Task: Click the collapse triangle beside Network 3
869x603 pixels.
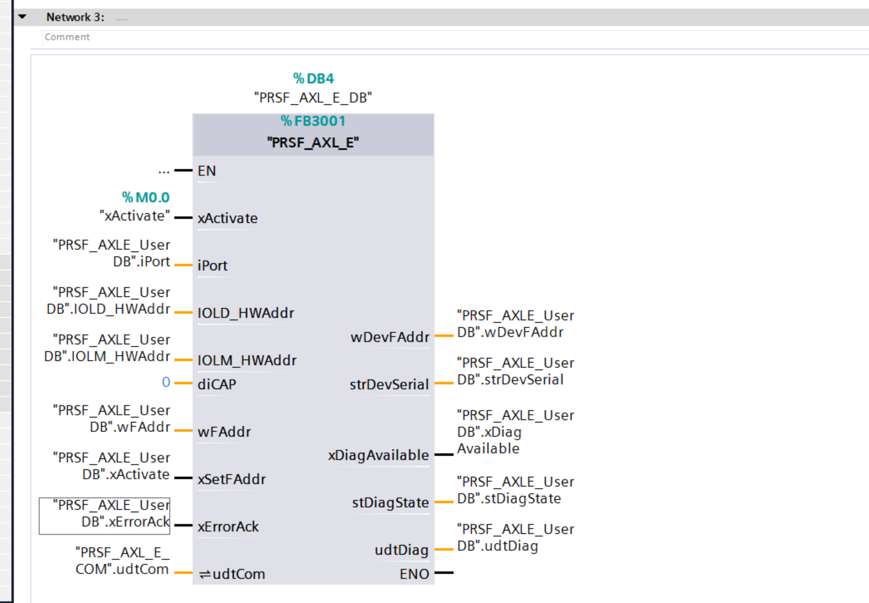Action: point(22,17)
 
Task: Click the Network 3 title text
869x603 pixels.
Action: point(75,17)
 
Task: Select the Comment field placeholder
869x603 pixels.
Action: point(67,37)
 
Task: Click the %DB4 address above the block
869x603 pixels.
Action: point(313,78)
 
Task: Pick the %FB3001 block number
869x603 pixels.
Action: point(313,121)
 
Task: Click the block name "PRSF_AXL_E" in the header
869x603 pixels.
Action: point(313,142)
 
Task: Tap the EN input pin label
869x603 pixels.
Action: point(206,171)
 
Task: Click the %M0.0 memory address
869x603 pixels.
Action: point(146,197)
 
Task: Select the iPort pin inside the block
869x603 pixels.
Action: point(213,265)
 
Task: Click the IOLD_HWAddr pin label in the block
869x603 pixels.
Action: point(246,313)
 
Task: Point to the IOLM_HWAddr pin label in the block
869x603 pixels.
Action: point(247,360)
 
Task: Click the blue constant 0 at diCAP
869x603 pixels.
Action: point(166,382)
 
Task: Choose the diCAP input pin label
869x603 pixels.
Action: point(217,384)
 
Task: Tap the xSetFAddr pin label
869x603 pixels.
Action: point(232,479)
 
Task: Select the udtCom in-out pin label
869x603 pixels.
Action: point(232,574)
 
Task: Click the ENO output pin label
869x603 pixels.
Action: point(415,574)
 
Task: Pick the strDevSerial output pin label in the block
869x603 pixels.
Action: point(389,384)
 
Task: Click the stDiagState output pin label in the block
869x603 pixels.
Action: point(390,503)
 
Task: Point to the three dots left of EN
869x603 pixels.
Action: point(164,172)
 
